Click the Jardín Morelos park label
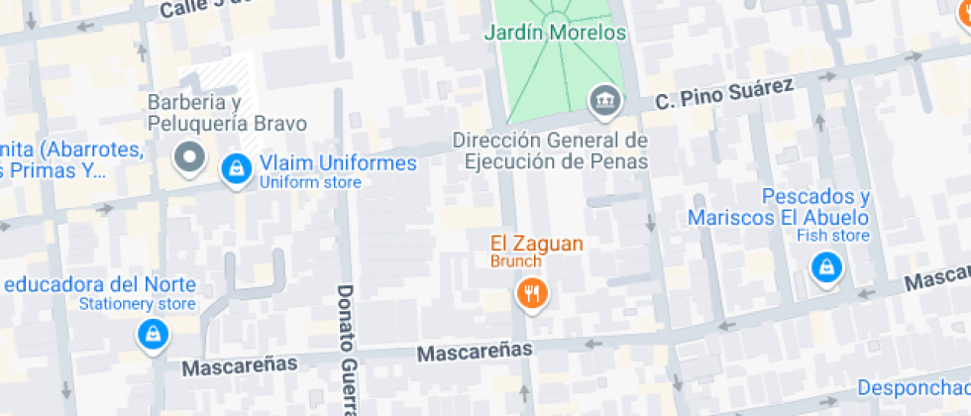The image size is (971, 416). [555, 33]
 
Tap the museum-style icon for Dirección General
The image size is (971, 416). [603, 99]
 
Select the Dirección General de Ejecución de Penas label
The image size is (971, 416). [551, 151]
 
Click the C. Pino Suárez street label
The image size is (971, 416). [724, 94]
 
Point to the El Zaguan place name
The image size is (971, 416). [536, 243]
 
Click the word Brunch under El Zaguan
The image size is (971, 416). [515, 261]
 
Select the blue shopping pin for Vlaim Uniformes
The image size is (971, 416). [237, 168]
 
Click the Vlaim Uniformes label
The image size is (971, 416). [338, 163]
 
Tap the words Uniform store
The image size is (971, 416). [310, 182]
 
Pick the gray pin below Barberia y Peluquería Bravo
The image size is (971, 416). [188, 156]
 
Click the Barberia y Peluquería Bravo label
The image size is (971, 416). [227, 113]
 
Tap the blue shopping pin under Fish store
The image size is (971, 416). [825, 266]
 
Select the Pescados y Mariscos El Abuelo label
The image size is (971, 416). [779, 207]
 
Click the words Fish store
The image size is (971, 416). [833, 236]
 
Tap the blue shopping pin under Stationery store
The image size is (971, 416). [153, 334]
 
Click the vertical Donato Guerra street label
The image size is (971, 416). [346, 347]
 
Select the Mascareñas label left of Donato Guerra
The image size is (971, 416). [240, 365]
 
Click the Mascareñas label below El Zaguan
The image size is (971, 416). [475, 351]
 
